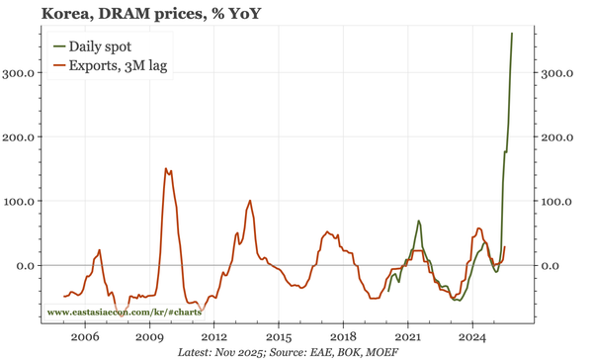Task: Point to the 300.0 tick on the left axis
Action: tap(21, 73)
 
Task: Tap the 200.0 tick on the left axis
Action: tap(21, 136)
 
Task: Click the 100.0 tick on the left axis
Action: tap(21, 201)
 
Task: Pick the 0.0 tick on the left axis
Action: tap(27, 265)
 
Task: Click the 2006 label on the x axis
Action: tap(85, 335)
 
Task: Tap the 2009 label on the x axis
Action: tap(149, 335)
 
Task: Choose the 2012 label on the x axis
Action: tap(213, 335)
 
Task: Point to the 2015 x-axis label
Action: tap(279, 335)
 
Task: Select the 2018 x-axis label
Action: tap(343, 335)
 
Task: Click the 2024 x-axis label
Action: tap(472, 335)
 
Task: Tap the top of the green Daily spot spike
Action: tap(512, 34)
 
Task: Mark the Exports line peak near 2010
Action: tap(165, 169)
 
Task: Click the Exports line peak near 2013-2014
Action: tap(250, 201)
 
